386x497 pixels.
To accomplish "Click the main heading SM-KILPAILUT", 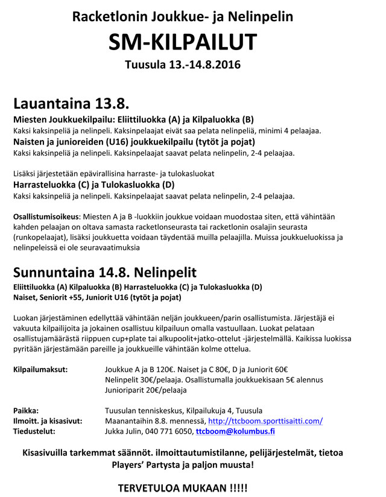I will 182,42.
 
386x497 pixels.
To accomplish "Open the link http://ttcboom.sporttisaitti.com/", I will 265,420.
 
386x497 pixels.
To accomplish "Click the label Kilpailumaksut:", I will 40,369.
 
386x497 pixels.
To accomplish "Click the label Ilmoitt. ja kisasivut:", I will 48,420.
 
